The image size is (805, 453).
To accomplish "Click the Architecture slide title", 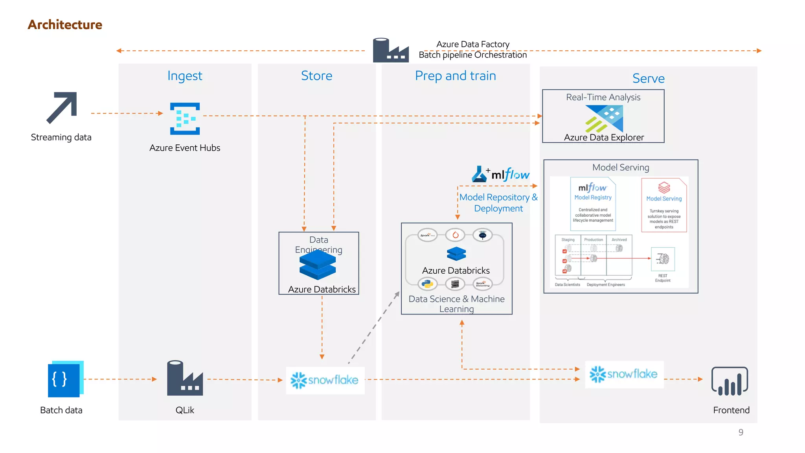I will click(65, 25).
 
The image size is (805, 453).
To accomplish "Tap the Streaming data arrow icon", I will click(62, 108).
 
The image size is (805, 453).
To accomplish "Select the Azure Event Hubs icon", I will click(185, 119).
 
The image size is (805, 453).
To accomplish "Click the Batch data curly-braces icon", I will click(65, 379).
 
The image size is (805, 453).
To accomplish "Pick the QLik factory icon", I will click(185, 378).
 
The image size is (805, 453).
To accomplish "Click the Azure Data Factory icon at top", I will click(390, 50).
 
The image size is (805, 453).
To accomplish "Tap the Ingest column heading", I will click(185, 75).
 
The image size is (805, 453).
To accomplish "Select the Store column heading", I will click(316, 75).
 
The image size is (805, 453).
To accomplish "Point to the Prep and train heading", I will click(455, 75).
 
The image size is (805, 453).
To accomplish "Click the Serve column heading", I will click(648, 78).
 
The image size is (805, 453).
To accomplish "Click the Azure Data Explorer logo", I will click(604, 119).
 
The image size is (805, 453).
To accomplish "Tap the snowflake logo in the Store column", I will click(325, 380).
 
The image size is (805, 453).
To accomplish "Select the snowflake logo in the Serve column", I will click(624, 374).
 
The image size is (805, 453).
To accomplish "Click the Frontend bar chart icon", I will click(730, 381).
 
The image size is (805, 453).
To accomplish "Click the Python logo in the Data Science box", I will click(427, 284).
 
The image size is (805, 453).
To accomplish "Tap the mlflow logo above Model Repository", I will click(501, 174).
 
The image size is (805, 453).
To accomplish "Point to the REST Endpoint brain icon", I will click(663, 259).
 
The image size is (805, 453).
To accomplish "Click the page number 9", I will click(741, 432).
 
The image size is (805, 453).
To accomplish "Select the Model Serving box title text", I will click(620, 168).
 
